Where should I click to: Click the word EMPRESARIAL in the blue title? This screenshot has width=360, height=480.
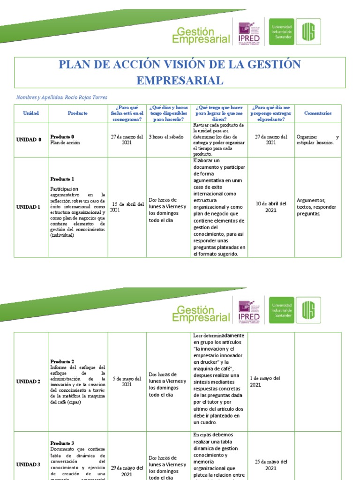[180, 80]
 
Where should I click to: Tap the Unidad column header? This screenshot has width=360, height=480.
[31, 113]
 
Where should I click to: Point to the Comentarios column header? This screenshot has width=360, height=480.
[318, 113]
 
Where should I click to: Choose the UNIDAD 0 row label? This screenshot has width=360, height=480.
[29, 140]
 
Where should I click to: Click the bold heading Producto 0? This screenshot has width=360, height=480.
[62, 136]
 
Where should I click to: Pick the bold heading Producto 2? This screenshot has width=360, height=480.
[62, 361]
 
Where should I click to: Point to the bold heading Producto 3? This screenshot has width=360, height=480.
[62, 443]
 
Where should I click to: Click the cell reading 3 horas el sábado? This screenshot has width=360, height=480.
[166, 137]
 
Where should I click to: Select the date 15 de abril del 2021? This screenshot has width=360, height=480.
[127, 207]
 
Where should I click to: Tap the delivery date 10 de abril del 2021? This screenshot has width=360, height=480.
[271, 207]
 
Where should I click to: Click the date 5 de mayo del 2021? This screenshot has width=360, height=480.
[127, 382]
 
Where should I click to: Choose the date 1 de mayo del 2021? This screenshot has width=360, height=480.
[265, 381]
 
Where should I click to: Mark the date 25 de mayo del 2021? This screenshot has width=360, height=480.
[271, 465]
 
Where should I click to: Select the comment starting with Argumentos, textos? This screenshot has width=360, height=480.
[316, 207]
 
